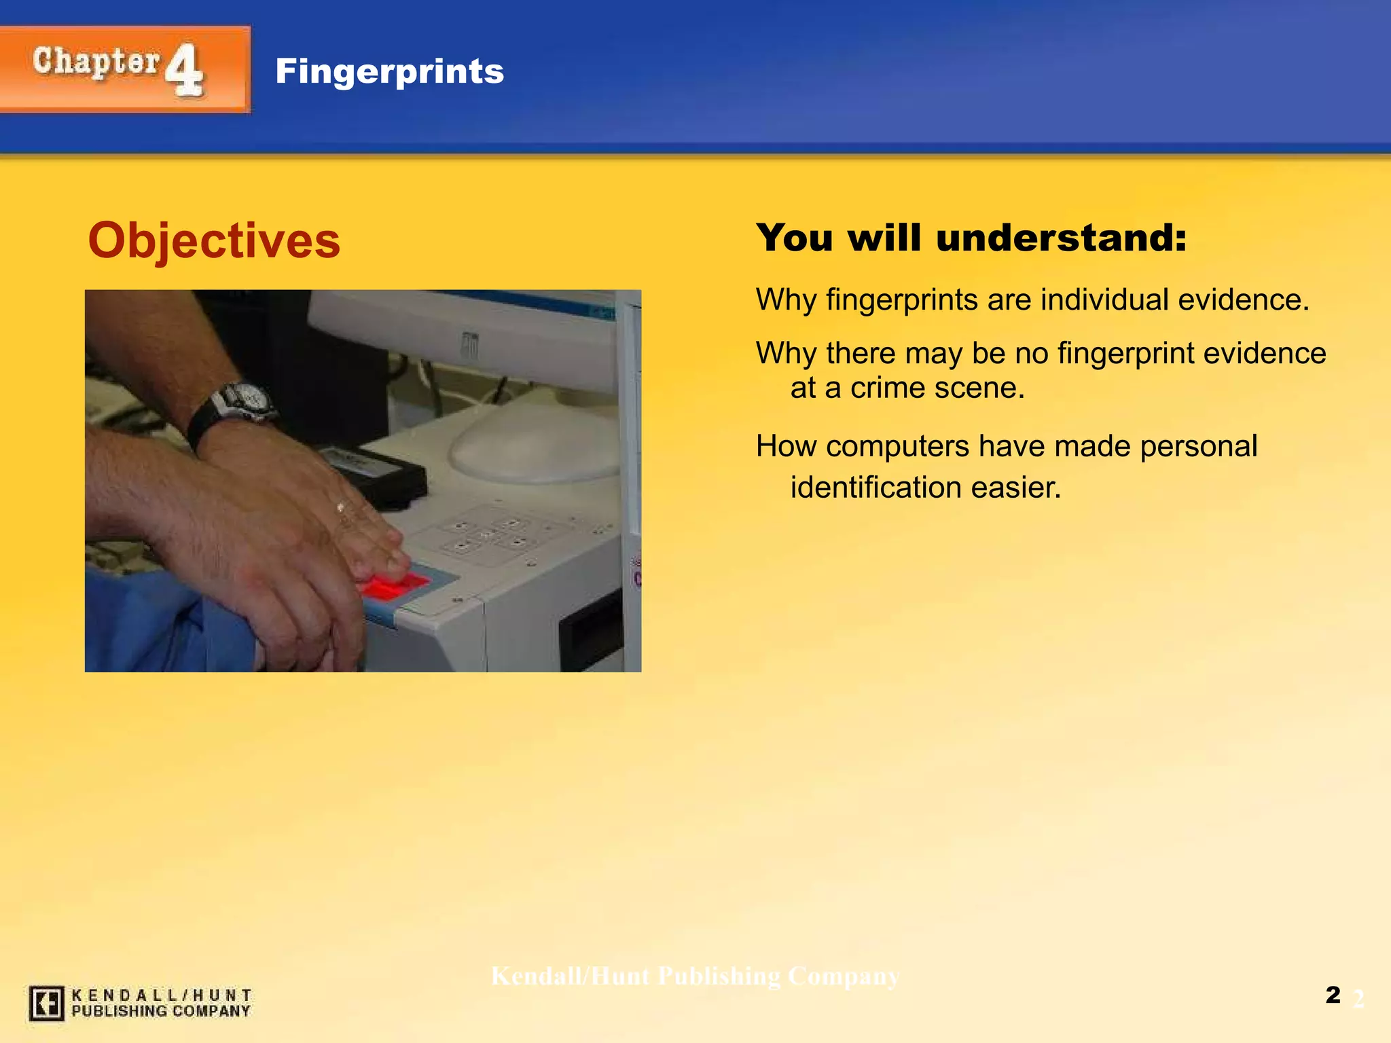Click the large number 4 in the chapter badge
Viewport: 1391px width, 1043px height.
[185, 69]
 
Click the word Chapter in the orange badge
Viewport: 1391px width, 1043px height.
[96, 62]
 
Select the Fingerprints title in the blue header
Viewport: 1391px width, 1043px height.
[389, 71]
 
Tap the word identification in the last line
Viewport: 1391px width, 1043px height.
[877, 488]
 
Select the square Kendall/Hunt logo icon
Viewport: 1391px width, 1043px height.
[46, 1003]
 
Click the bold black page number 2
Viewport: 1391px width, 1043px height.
[1333, 995]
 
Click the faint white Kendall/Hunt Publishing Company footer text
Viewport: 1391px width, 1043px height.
[695, 976]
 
